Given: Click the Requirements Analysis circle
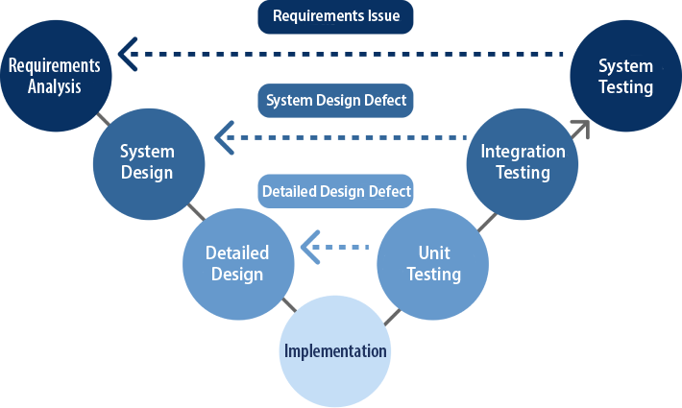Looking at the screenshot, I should tap(55, 76).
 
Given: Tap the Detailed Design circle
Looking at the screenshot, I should tap(237, 262).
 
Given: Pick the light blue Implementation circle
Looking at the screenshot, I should tap(334, 350).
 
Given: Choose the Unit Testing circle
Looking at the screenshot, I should tap(427, 262).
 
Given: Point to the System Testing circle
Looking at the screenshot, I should tap(625, 76).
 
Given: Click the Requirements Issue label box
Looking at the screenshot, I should tap(329, 16).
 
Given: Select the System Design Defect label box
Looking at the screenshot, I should tap(336, 100).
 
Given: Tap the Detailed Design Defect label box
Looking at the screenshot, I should tap(336, 191).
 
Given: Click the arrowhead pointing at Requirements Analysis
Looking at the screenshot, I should tap(124, 54).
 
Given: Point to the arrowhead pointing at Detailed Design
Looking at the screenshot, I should tap(309, 248).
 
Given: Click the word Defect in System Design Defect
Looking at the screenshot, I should tap(385, 100).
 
